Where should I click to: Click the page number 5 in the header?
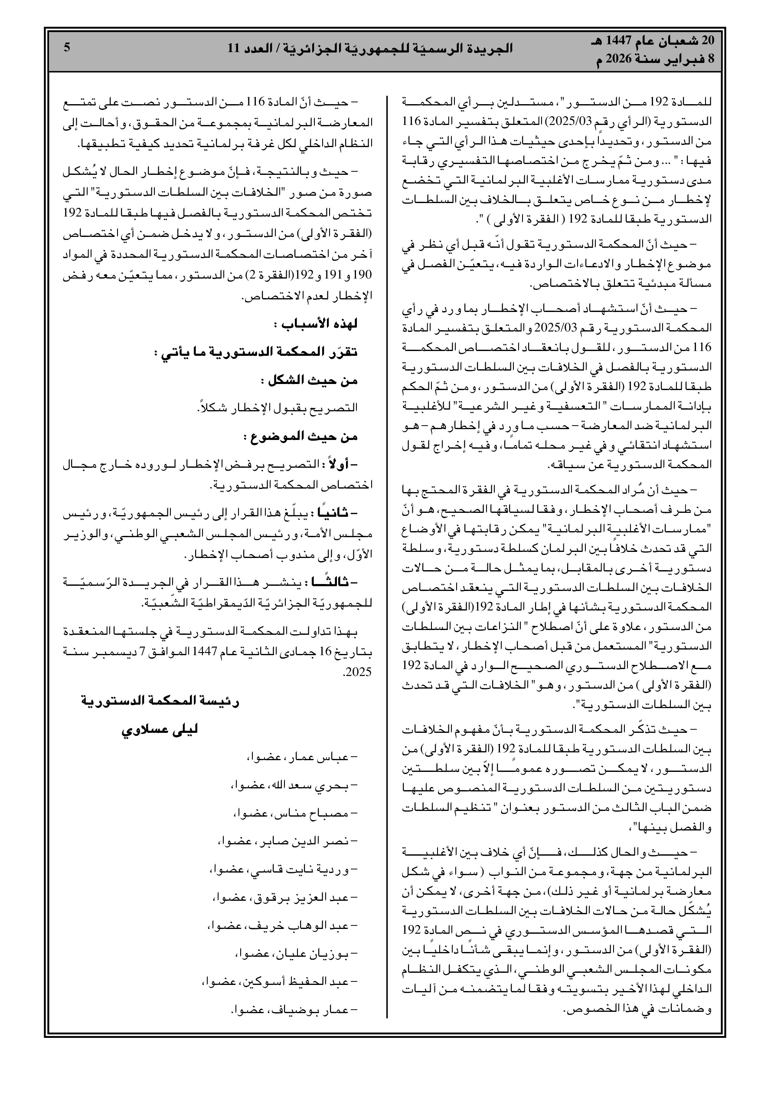pyautogui.click(x=67, y=47)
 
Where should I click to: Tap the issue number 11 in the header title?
pyautogui.click(x=234, y=48)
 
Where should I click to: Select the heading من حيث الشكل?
pyautogui.click(x=309, y=381)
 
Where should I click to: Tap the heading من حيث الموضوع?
pyautogui.click(x=301, y=436)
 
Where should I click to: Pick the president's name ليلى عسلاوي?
pyautogui.click(x=160, y=730)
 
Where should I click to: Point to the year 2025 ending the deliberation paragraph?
pyautogui.click(x=358, y=672)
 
